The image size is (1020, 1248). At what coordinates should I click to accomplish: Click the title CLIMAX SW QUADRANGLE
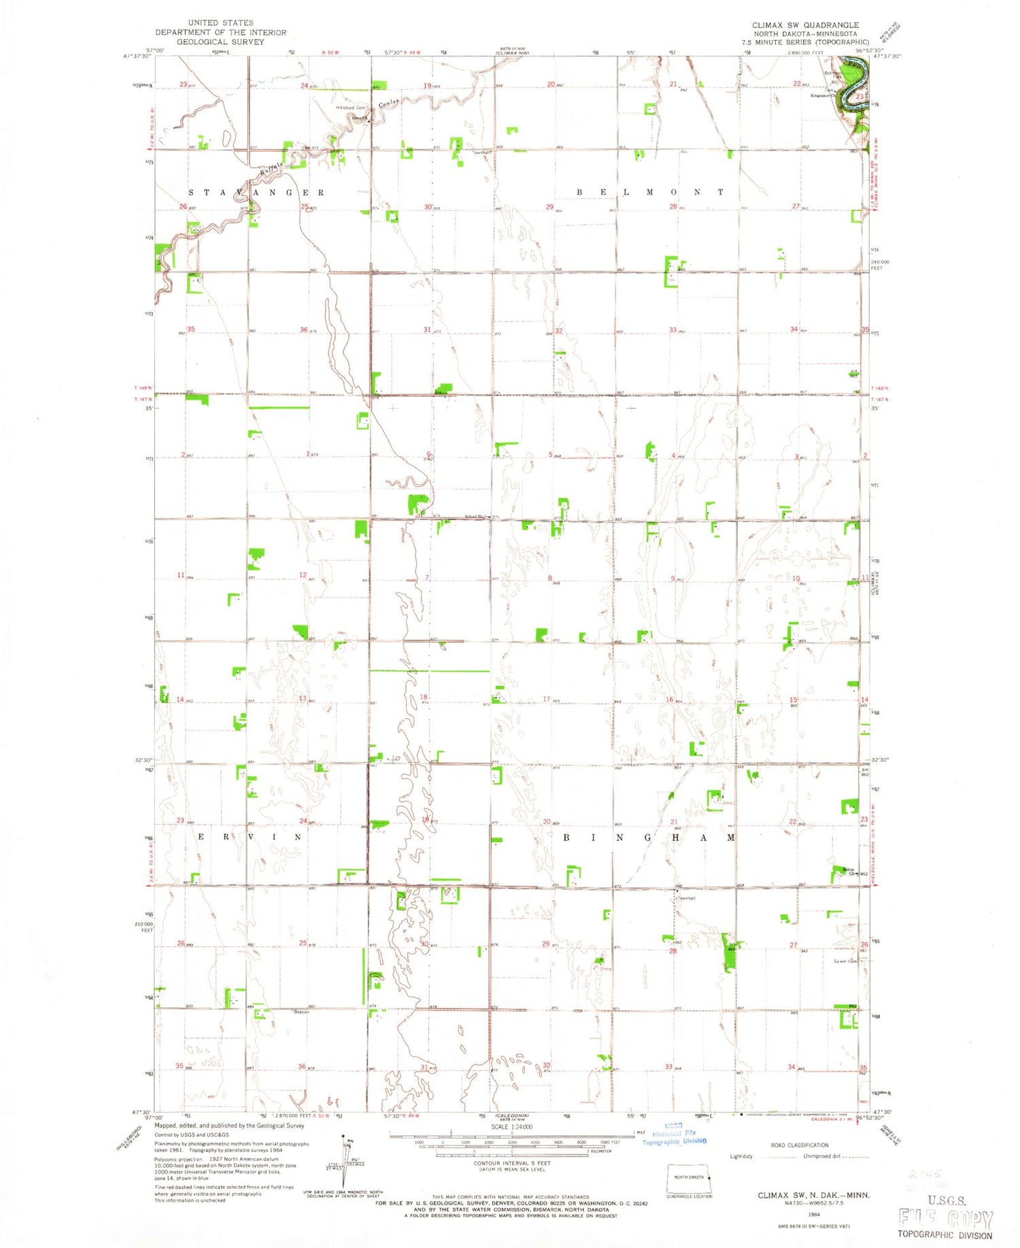coord(805,25)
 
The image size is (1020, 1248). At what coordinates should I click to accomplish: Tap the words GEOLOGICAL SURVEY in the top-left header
coord(220,41)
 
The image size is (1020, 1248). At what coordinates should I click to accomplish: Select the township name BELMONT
coord(650,192)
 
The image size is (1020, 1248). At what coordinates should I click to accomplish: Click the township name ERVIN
coord(249,837)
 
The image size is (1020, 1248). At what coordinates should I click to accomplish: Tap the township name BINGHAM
coord(649,838)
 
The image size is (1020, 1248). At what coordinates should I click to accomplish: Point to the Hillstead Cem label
coord(351,108)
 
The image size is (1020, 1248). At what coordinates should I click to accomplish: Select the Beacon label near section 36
coord(301,1012)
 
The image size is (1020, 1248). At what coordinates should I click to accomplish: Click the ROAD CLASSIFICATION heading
coord(800,1145)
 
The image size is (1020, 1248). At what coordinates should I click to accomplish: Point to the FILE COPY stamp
coord(945,1219)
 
